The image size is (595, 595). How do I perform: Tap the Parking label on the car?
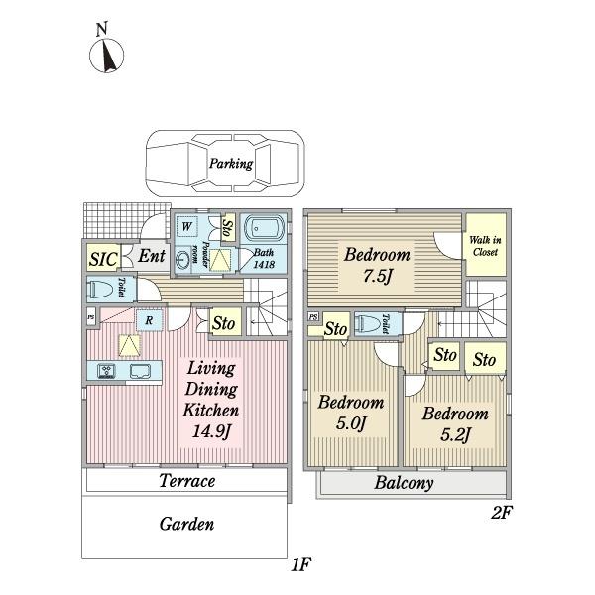click(231, 164)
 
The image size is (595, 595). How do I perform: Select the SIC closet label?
click(103, 259)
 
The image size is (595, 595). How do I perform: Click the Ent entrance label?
click(152, 256)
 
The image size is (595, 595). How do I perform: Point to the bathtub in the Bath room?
click(264, 229)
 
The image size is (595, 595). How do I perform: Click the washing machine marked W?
click(187, 226)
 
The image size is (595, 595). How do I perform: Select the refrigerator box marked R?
click(150, 320)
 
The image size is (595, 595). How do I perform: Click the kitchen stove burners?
click(107, 371)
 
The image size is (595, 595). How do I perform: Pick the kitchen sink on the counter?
click(140, 371)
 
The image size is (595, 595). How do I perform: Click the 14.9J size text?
click(211, 431)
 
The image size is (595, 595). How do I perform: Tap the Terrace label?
click(187, 481)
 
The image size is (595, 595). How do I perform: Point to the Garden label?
click(186, 524)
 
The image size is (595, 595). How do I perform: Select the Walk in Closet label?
click(485, 246)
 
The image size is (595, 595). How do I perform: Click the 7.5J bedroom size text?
click(377, 276)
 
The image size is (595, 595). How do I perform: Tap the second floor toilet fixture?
click(368, 324)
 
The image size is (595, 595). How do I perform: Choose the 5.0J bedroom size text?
click(351, 423)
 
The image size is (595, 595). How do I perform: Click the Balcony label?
click(405, 483)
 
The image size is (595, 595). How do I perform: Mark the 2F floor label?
click(501, 513)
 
